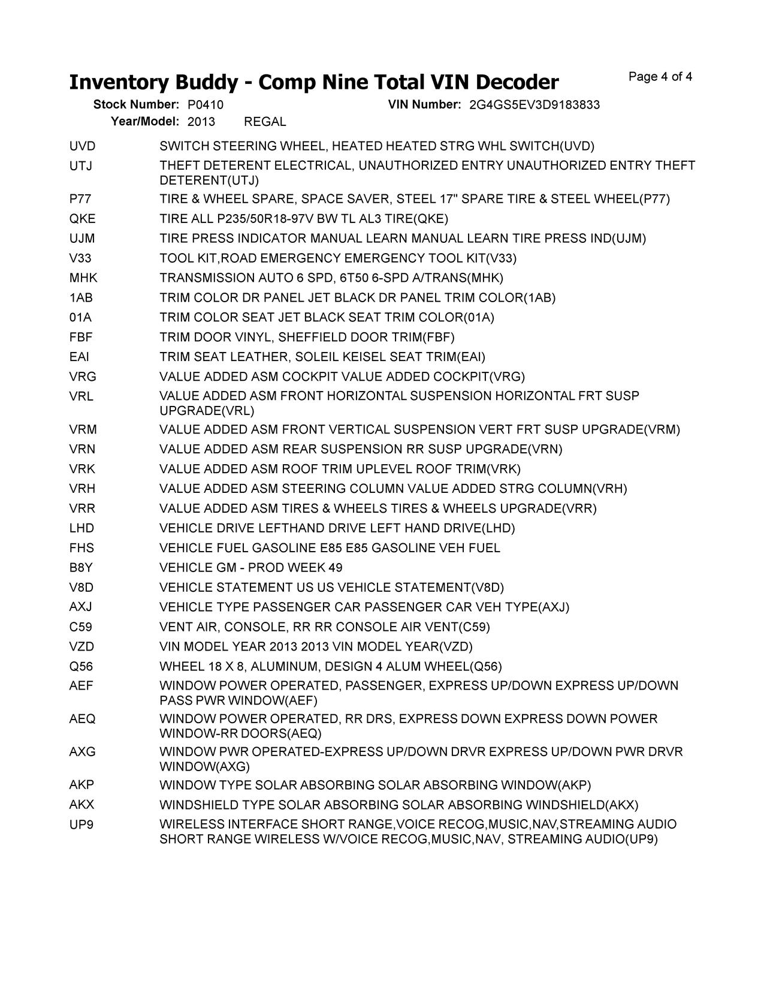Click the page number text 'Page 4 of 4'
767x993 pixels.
[x=660, y=77]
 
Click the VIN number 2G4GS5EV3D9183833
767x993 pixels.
[x=535, y=105]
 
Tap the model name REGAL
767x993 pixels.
[x=265, y=122]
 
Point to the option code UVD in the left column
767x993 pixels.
[x=82, y=146]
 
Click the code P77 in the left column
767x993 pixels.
[x=80, y=199]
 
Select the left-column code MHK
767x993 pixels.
[x=83, y=278]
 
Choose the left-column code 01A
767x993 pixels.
[x=80, y=318]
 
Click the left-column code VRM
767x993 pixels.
[x=83, y=430]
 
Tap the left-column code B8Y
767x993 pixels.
[x=81, y=568]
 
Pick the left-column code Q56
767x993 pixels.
[x=81, y=667]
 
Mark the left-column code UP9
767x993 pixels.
[x=81, y=825]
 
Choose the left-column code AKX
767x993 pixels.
[x=82, y=805]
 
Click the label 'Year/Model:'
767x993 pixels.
[x=145, y=122]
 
